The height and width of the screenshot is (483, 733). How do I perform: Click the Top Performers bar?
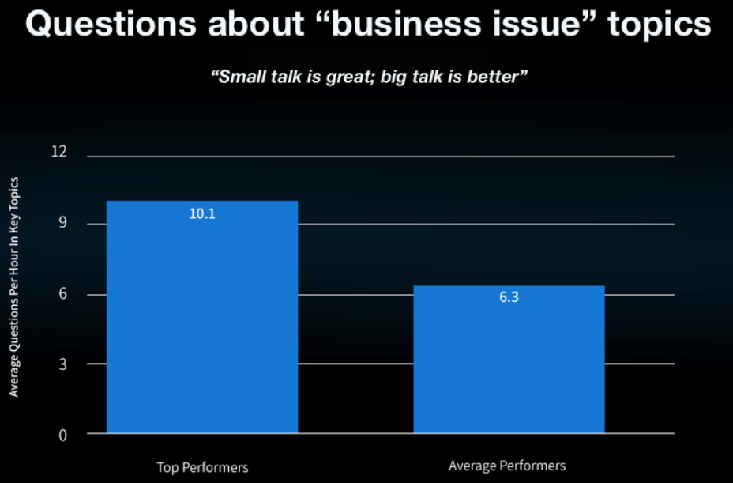tap(202, 317)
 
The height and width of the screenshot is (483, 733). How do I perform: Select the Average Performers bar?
tap(509, 360)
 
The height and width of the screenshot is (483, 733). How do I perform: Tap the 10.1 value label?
tap(202, 213)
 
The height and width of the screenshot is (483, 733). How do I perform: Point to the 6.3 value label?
tap(509, 299)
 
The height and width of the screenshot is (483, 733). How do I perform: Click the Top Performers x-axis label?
tap(202, 466)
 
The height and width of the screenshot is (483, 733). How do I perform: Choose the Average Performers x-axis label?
tap(507, 466)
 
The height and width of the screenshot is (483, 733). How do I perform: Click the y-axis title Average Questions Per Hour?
tap(14, 286)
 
